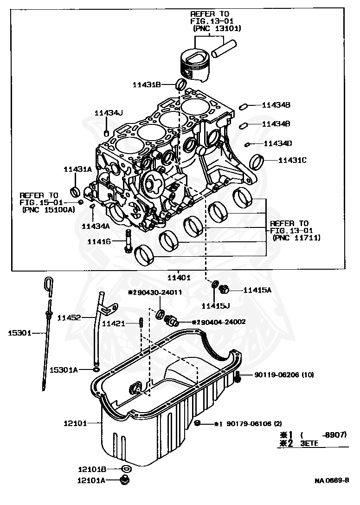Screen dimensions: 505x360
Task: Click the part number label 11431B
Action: tap(146, 84)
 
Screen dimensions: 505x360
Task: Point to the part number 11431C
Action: tap(292, 160)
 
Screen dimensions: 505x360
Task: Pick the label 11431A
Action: tap(77, 169)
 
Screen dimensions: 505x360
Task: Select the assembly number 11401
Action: tap(179, 278)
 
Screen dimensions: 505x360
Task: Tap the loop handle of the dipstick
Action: tap(49, 284)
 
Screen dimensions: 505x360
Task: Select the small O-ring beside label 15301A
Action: tap(96, 369)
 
